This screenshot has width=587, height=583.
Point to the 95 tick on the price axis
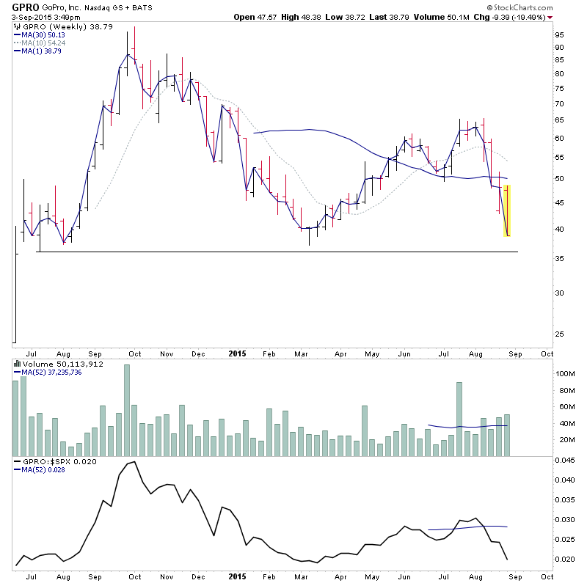558,35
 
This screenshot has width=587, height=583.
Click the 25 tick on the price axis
558,334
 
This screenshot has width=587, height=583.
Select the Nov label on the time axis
167,352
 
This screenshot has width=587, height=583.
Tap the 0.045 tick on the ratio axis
562,461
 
